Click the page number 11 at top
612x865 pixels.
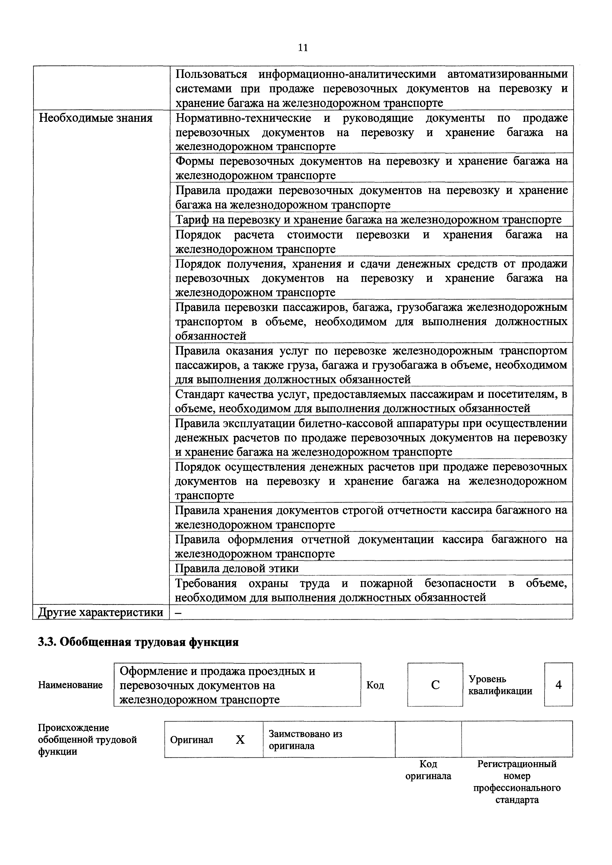pos(303,48)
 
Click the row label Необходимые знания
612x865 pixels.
pos(96,118)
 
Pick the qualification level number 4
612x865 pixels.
pos(558,684)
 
